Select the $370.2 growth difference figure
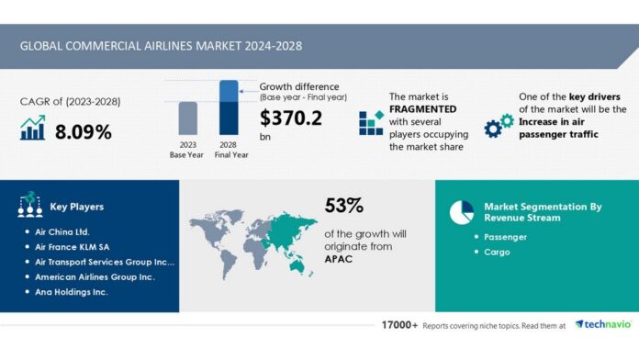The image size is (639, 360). click(x=291, y=118)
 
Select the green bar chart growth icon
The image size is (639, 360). click(x=32, y=130)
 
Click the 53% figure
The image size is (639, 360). click(x=344, y=205)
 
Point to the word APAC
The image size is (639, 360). click(x=339, y=259)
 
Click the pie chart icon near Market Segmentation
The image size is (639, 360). click(x=461, y=211)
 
